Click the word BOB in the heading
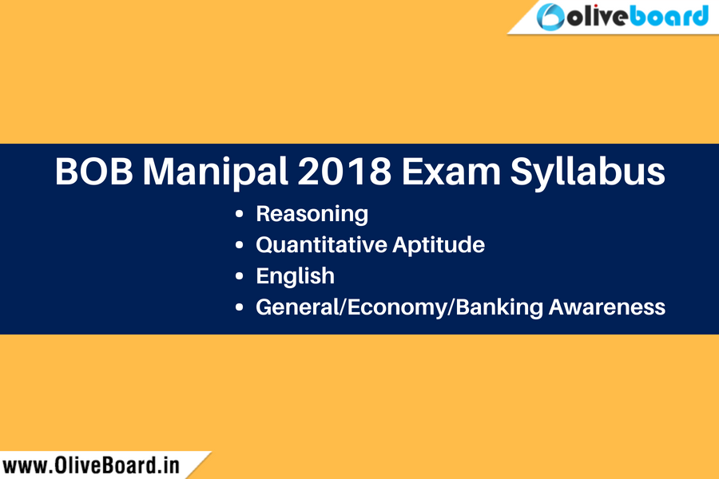(94, 172)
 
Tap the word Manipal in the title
(215, 172)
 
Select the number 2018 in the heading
(344, 172)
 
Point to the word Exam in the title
(451, 172)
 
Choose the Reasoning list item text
(312, 214)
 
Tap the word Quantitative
(321, 245)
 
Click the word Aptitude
(439, 245)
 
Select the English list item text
(296, 276)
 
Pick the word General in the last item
(296, 307)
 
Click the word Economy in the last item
(396, 307)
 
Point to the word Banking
(499, 307)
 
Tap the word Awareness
(606, 307)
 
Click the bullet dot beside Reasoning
(239, 214)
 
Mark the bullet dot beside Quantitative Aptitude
(239, 245)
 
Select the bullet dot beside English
(239, 276)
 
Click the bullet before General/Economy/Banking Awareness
(239, 307)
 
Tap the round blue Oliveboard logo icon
(550, 17)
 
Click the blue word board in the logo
(669, 16)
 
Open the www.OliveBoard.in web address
(91, 465)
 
